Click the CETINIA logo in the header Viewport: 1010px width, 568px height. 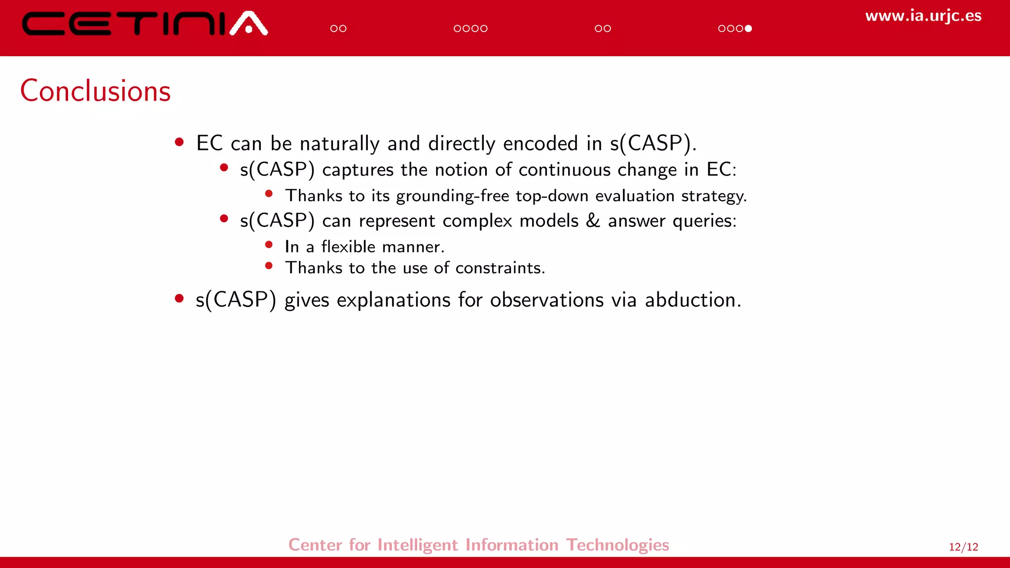[144, 24]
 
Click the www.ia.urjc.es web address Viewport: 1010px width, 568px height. [923, 16]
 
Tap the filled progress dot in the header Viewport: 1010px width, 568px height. [748, 29]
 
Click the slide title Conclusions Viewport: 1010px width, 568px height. [96, 91]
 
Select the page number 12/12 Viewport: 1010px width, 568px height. [963, 547]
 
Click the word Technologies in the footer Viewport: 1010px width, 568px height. [617, 545]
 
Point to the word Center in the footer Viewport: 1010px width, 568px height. [315, 545]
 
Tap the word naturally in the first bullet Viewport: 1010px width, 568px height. [339, 143]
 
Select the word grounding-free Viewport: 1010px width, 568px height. [452, 196]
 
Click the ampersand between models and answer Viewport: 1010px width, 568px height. [593, 220]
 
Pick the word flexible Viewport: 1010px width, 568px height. [348, 247]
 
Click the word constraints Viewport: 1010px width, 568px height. [500, 268]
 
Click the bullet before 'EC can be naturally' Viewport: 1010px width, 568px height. [180, 143]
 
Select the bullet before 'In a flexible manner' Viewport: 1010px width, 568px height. [269, 245]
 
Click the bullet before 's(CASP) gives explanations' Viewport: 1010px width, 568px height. [180, 298]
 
